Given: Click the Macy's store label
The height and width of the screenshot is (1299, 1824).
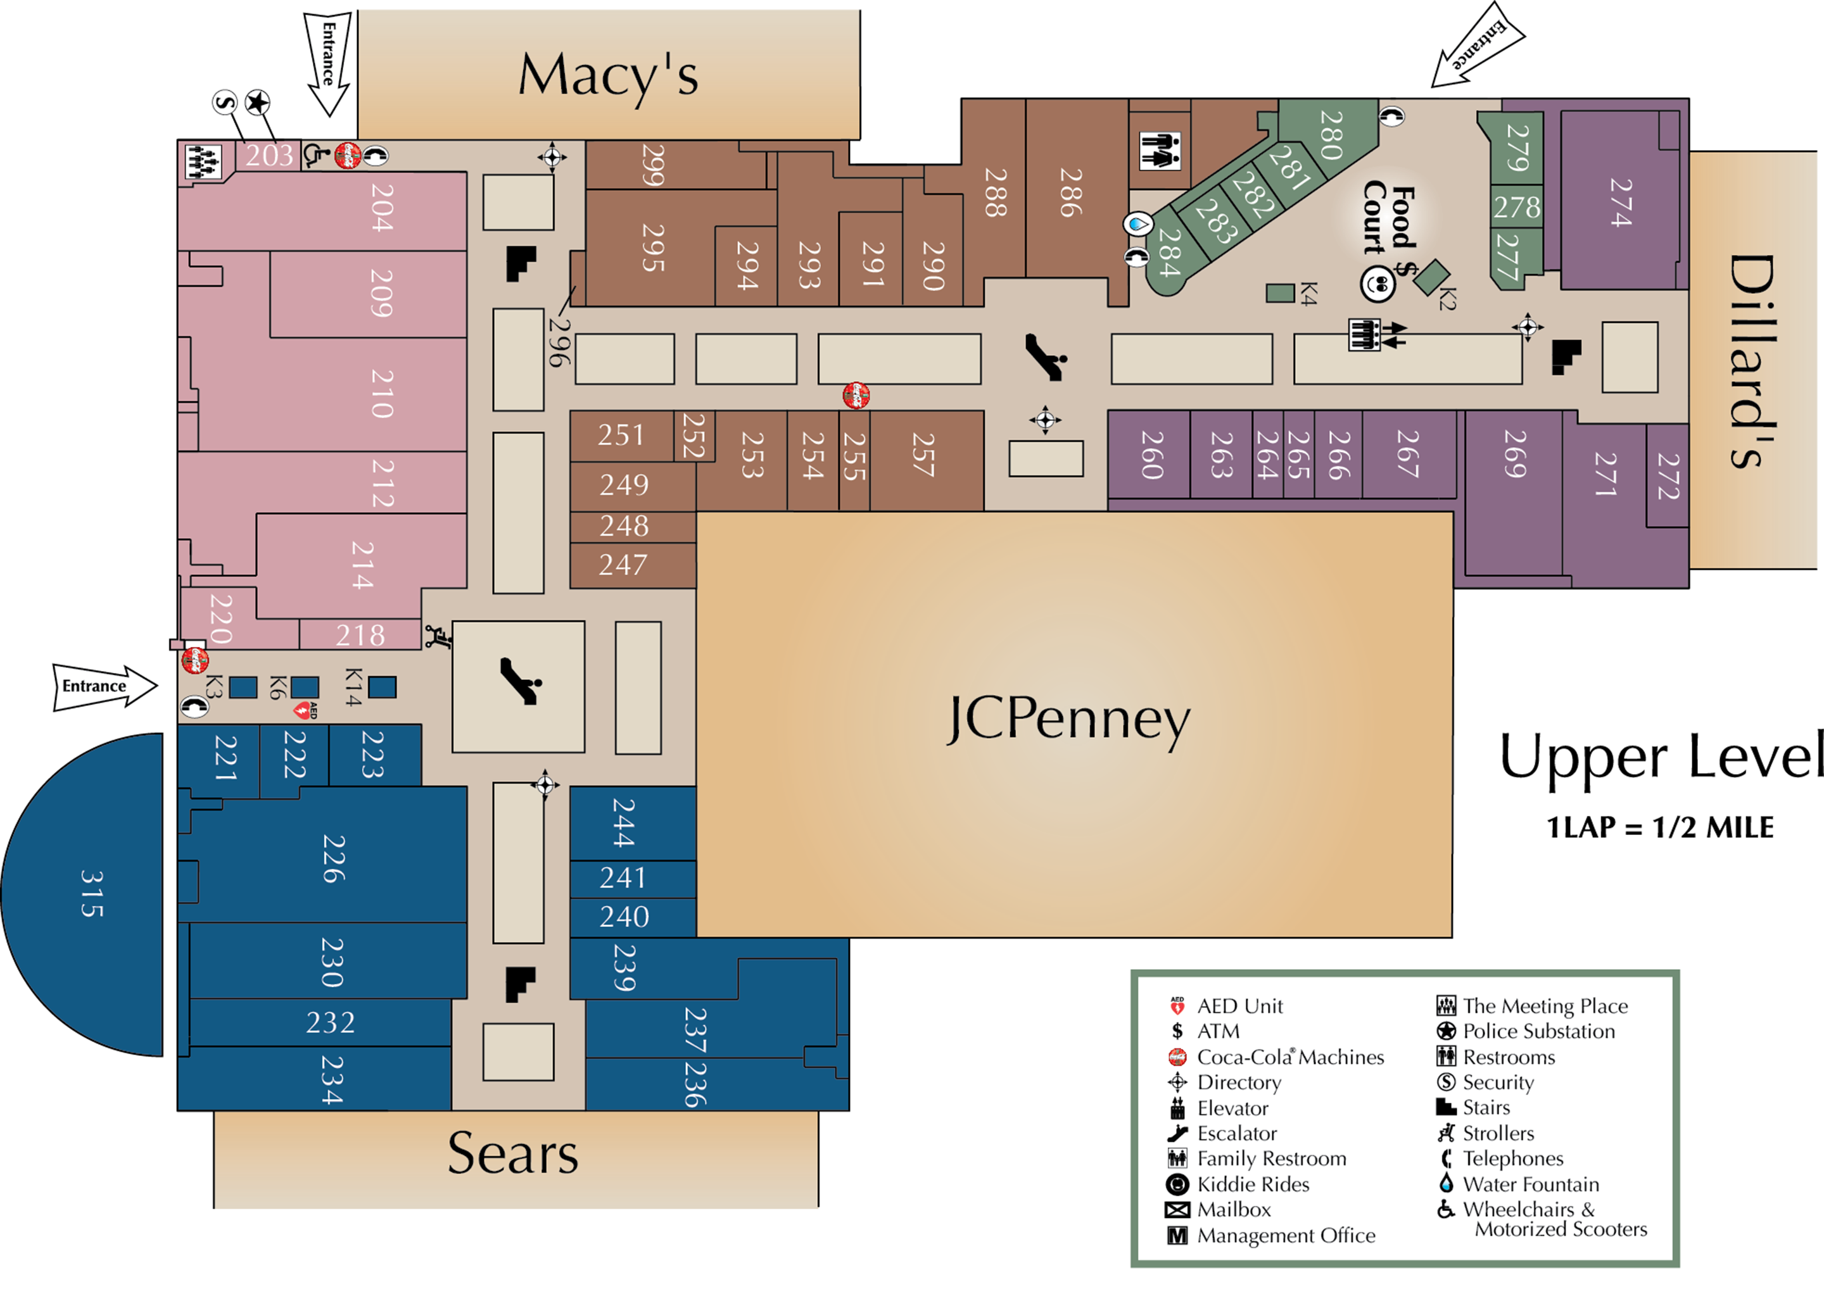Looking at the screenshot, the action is pos(608,76).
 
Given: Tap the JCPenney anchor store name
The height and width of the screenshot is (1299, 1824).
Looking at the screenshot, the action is pos(1068,719).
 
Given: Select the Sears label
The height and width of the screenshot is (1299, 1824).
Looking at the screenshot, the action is pos(513,1153).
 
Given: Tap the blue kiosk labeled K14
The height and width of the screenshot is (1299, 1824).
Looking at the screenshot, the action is pos(383,687).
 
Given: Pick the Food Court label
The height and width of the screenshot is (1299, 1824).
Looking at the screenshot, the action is pos(1390,219).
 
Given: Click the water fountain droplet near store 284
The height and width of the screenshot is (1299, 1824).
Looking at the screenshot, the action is pos(1137,224).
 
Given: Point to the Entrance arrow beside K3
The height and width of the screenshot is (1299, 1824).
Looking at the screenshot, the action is pos(104,686).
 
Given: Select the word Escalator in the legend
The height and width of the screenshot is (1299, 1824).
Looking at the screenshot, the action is pos(1237,1133).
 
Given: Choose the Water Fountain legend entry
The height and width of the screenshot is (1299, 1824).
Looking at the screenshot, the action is pos(1530,1184).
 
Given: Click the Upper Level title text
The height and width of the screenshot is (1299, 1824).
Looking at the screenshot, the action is pos(1662,756).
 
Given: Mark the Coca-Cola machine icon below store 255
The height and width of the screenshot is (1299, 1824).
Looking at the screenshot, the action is pos(856,395).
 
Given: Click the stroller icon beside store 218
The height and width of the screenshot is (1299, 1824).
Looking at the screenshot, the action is pos(438,637).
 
